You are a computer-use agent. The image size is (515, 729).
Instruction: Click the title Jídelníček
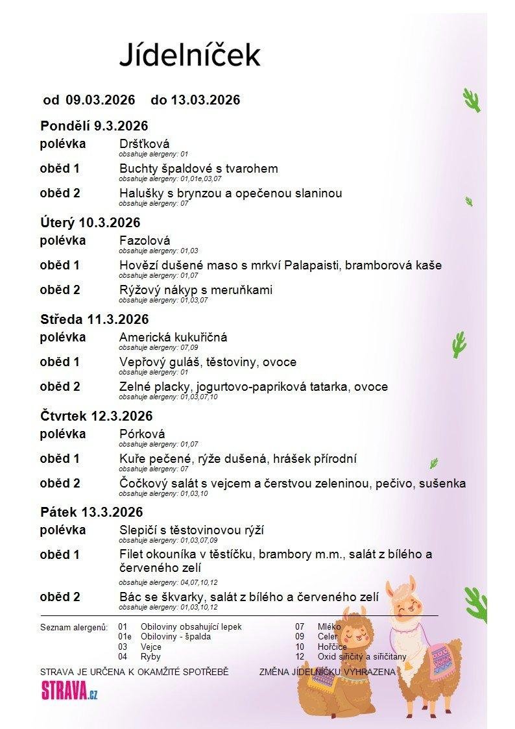click(189, 55)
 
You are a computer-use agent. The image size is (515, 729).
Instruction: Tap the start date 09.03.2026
click(101, 100)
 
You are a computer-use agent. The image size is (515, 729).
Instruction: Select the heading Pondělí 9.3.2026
click(94, 126)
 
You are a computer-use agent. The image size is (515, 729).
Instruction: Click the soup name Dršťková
click(145, 143)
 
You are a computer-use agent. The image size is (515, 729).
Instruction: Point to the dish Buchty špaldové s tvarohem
click(198, 169)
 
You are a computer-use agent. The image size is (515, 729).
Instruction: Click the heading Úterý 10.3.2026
click(90, 223)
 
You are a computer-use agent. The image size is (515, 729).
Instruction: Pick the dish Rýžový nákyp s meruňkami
click(196, 290)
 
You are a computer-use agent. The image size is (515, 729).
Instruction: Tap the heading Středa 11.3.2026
click(94, 319)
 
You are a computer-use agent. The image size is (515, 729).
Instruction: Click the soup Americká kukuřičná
click(173, 338)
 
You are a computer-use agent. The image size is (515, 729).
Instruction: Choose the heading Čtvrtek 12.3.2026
click(96, 416)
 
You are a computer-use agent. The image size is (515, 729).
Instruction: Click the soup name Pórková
click(142, 434)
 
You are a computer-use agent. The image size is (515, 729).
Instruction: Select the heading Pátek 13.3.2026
click(91, 513)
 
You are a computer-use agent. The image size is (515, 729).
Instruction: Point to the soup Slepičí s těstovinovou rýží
click(191, 530)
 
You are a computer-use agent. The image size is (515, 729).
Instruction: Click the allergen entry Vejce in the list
click(151, 647)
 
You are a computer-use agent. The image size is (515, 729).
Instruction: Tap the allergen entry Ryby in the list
click(150, 657)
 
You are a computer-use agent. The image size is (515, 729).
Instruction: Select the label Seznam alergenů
click(73, 628)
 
